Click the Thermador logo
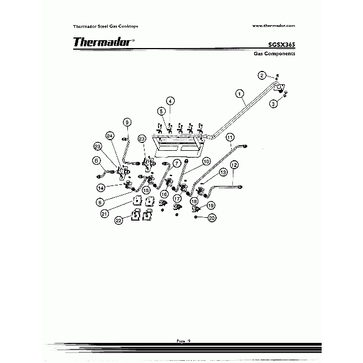tap(103, 42)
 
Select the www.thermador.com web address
tap(274, 26)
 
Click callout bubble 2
tap(261, 75)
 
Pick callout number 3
tap(274, 103)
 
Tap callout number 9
tap(127, 122)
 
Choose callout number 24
tap(110, 136)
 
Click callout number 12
tap(234, 165)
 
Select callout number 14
tap(101, 188)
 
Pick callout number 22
tap(119, 221)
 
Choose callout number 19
tap(211, 206)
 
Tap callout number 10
tap(206, 161)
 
